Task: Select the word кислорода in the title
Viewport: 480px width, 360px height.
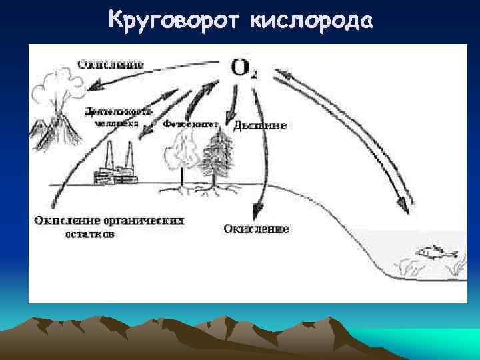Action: coord(310,21)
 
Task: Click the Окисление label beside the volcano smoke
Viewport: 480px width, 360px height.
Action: coord(111,64)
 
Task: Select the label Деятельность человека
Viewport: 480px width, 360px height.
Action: coord(118,117)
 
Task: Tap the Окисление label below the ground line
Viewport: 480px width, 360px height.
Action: coord(256,229)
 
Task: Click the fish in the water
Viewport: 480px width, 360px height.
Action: coord(436,253)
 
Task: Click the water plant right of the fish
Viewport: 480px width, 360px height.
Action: coord(458,265)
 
